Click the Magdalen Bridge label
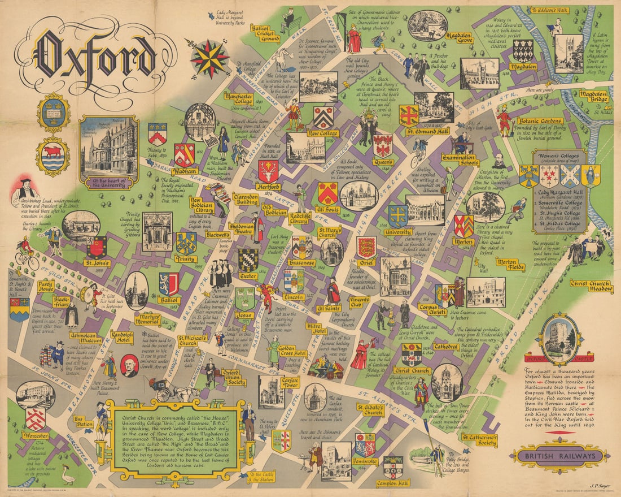[593, 97]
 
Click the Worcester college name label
[35, 435]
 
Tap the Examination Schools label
[453, 161]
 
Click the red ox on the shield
[53, 152]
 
